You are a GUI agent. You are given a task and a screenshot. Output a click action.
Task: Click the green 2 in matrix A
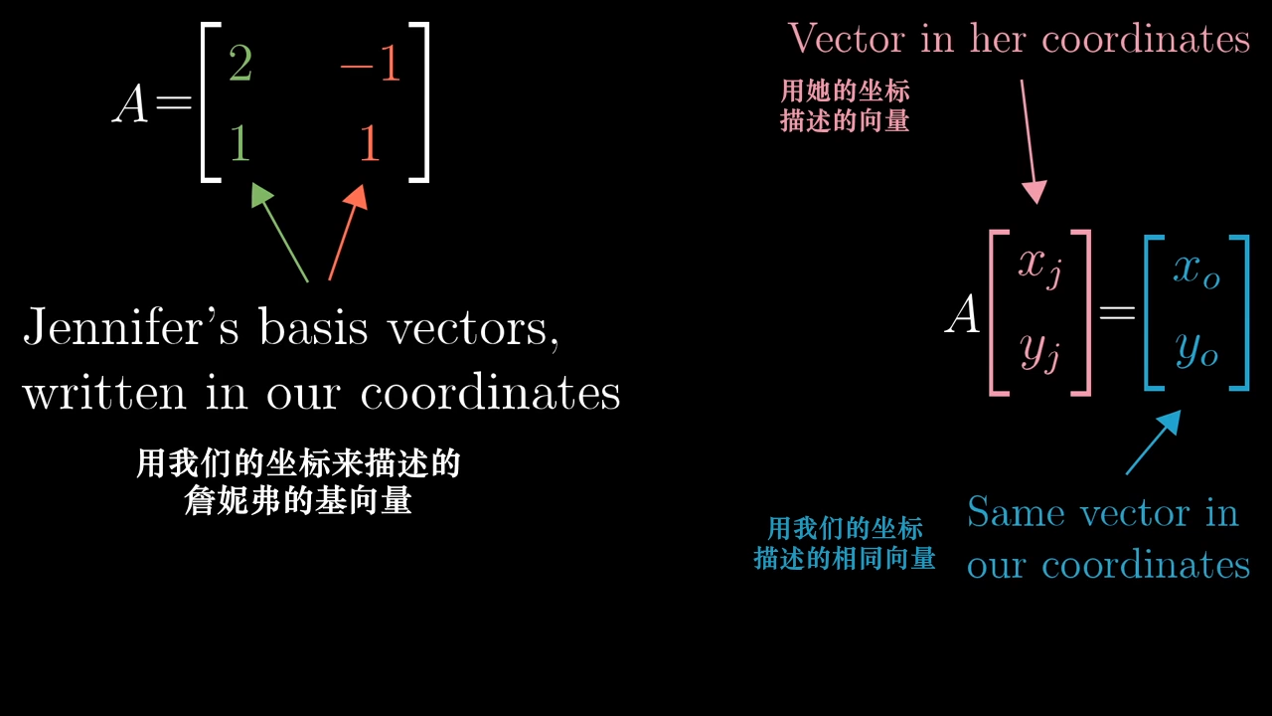pos(239,67)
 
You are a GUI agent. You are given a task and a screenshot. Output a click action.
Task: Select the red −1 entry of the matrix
pos(370,67)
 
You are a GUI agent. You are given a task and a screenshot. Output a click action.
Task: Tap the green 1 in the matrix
pos(238,144)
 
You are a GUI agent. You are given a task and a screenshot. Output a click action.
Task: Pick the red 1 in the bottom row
pos(370,144)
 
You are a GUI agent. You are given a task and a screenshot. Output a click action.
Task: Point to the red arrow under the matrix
pos(347,233)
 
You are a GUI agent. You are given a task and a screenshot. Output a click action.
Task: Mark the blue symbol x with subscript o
pos(1195,268)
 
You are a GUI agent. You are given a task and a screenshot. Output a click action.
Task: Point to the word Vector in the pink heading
pos(847,39)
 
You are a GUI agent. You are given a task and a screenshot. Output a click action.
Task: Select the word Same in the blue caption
pos(1017,512)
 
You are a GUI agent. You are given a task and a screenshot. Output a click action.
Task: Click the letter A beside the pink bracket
pos(963,316)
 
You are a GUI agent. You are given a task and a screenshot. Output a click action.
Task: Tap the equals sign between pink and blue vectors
pos(1117,314)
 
